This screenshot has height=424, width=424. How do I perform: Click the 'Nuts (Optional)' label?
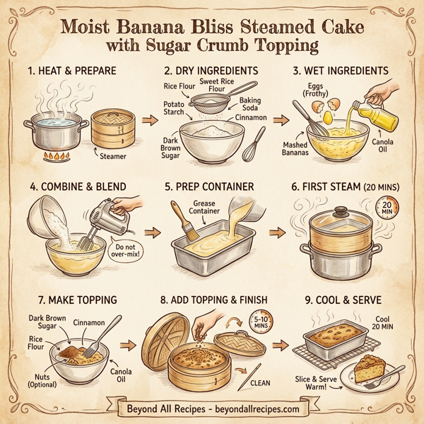(x=38, y=379)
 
